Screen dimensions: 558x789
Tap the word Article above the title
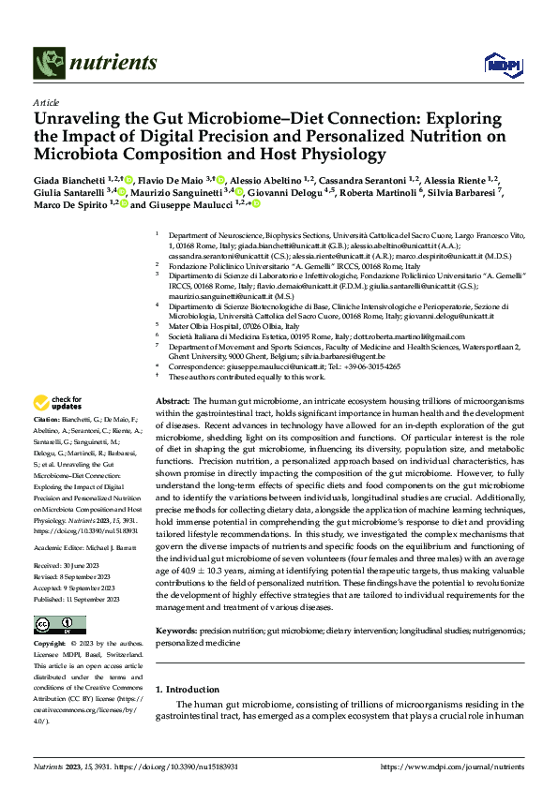pos(46,102)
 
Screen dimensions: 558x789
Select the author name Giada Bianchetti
pos(68,179)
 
